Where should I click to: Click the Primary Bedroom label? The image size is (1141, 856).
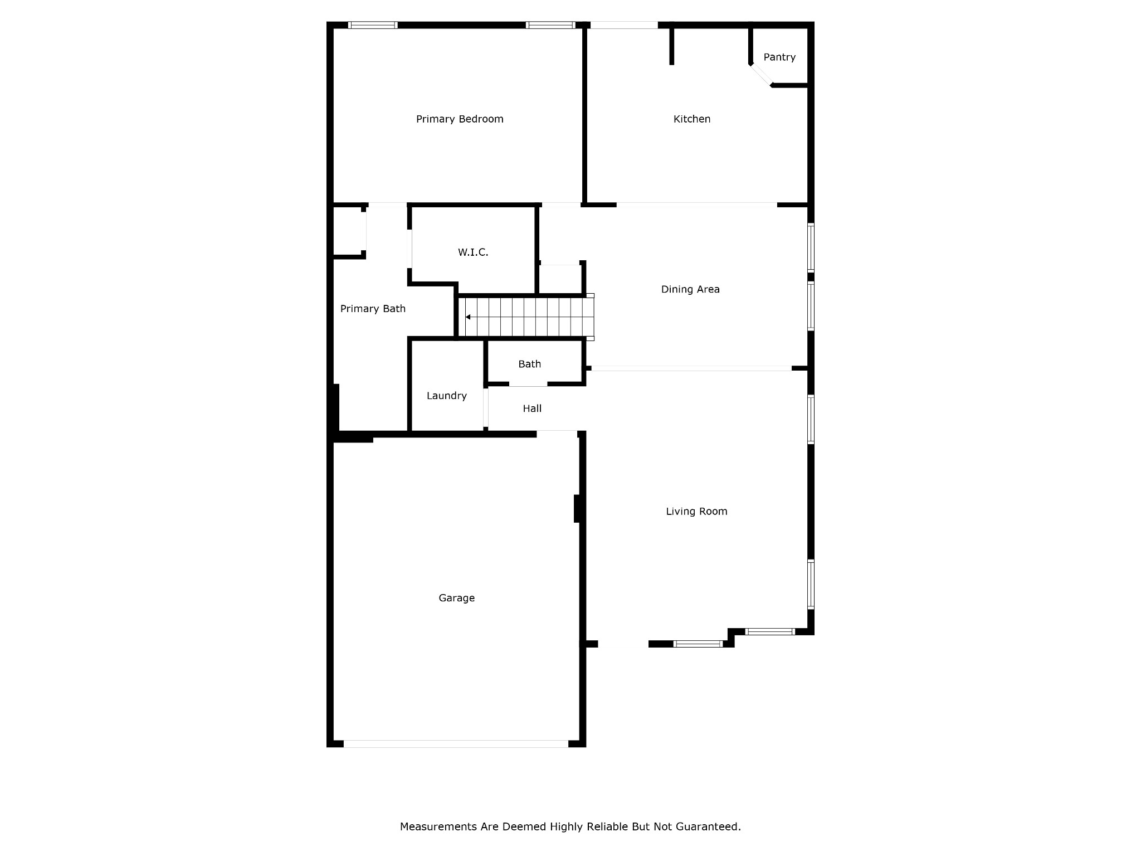tap(460, 119)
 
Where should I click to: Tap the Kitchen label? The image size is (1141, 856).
tap(691, 119)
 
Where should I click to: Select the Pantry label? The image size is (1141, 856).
tap(779, 57)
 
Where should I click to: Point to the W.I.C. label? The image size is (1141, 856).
tap(473, 252)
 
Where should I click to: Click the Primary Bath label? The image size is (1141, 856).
tap(373, 309)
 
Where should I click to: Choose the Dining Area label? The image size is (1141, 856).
tap(690, 289)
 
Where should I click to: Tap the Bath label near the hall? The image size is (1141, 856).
tap(529, 364)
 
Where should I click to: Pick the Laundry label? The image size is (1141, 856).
tap(446, 396)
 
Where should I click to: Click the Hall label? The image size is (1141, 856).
tap(532, 408)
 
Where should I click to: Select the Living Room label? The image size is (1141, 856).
tap(696, 512)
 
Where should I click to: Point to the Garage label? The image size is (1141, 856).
tap(456, 598)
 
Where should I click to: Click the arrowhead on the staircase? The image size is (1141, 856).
tap(468, 317)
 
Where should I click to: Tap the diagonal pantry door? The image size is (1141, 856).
tap(761, 75)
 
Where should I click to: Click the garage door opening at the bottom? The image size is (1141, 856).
tap(456, 743)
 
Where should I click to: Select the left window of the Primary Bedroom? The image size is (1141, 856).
tap(373, 25)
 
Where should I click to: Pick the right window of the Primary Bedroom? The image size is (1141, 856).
tap(550, 25)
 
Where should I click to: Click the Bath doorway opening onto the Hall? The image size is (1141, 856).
tap(528, 384)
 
